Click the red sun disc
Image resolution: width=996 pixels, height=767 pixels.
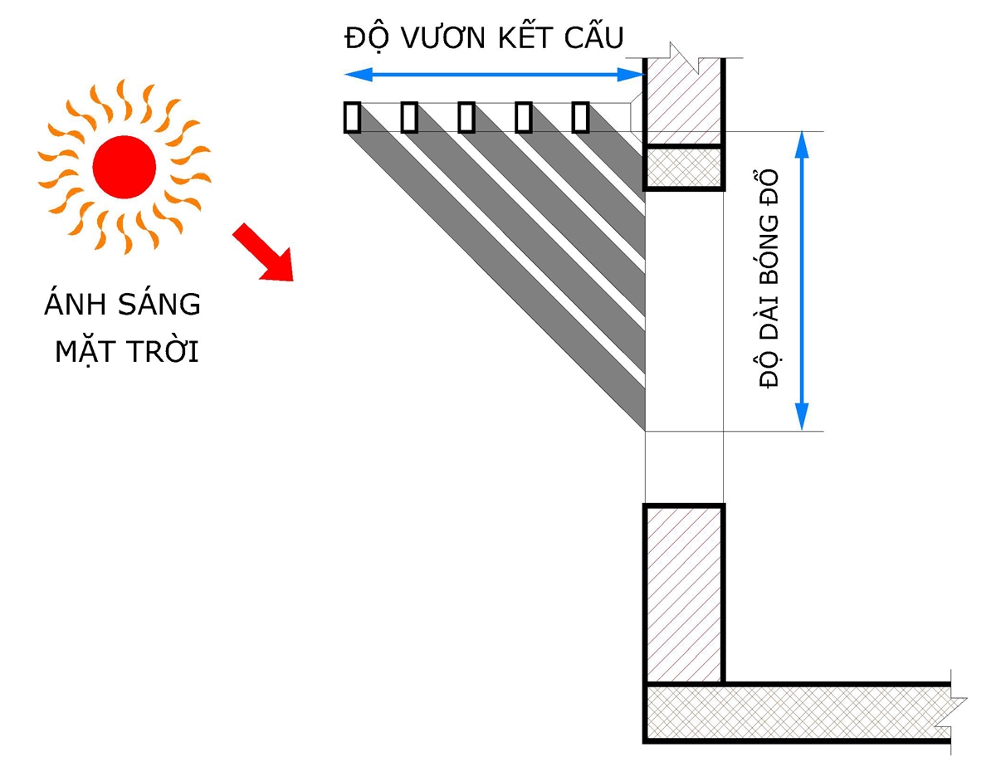124,167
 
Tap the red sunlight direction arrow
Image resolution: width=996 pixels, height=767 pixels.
262,252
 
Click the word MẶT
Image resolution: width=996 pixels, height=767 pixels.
85,352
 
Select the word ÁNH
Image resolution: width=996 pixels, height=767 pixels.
73,305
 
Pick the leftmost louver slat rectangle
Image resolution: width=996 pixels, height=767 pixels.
352,117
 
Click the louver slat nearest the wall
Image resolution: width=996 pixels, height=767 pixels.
580,117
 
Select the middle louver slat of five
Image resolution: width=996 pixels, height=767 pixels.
466,117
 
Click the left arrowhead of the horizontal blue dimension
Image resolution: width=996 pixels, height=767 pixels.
353,76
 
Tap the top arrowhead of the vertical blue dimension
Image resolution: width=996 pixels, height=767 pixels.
802,141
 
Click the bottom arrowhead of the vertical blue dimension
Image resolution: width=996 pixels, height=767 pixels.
802,418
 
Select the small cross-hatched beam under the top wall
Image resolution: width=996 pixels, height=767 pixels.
683,169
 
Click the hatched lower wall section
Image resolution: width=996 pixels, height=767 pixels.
683,594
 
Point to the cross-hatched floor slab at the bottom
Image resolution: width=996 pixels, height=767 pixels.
797,712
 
